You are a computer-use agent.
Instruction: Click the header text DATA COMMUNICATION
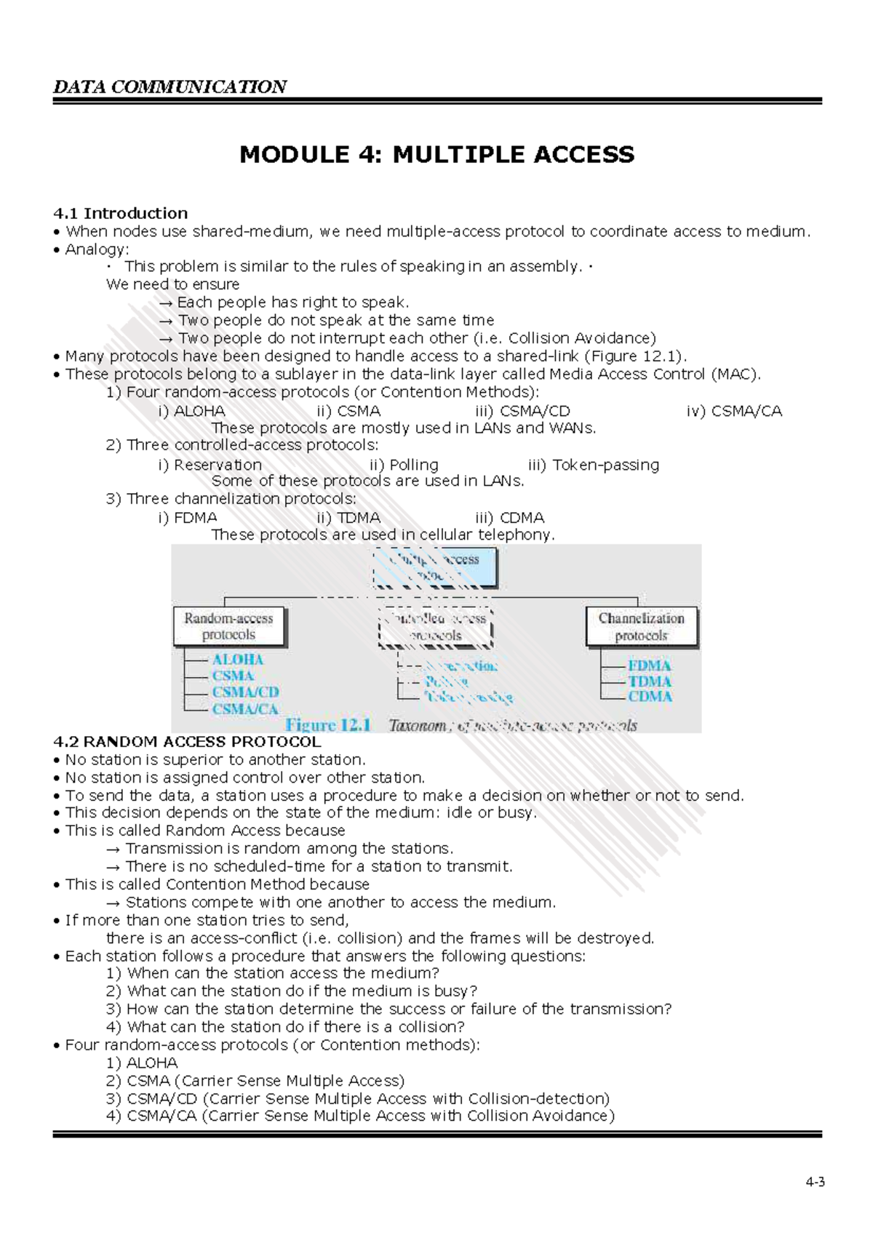pyautogui.click(x=170, y=87)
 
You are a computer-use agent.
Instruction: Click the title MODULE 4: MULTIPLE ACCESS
pyautogui.click(x=436, y=154)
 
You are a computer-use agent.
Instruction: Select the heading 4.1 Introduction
pyautogui.click(x=120, y=213)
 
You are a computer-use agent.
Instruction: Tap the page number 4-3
pyautogui.click(x=815, y=1182)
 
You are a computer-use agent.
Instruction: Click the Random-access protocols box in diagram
pyautogui.click(x=229, y=626)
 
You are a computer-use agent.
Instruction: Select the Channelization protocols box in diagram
pyautogui.click(x=641, y=626)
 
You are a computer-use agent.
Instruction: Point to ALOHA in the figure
pyautogui.click(x=237, y=660)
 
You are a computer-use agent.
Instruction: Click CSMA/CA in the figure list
pyautogui.click(x=245, y=709)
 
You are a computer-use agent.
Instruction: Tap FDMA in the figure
pyautogui.click(x=650, y=666)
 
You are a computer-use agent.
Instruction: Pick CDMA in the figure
pyautogui.click(x=650, y=696)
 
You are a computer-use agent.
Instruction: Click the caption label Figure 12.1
pyautogui.click(x=328, y=725)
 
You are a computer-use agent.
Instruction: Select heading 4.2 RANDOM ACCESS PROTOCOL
pyautogui.click(x=187, y=742)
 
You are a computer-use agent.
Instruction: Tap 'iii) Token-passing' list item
pyautogui.click(x=594, y=465)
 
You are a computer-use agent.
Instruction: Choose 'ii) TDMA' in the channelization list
pyautogui.click(x=348, y=518)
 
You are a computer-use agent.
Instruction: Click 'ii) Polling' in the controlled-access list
pyautogui.click(x=404, y=465)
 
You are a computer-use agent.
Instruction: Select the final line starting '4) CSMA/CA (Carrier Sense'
pyautogui.click(x=360, y=1116)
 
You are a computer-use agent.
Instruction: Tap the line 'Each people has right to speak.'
pyautogui.click(x=284, y=302)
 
